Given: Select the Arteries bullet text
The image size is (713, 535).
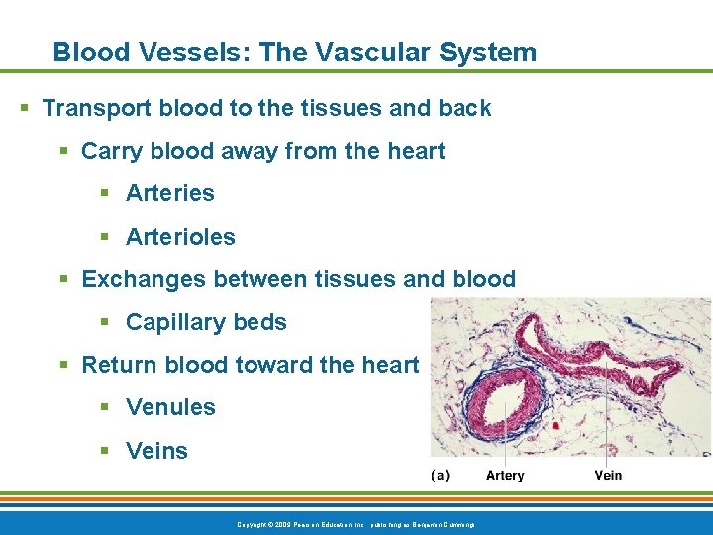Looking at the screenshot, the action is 170,193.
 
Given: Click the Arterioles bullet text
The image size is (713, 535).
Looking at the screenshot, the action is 180,237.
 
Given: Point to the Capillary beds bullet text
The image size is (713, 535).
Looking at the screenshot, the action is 206,322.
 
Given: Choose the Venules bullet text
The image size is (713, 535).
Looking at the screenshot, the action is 170,407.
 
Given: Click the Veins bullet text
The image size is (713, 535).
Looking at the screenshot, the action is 156,451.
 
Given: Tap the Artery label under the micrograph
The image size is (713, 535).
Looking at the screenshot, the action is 505,476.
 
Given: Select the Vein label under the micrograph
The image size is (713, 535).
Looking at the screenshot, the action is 608,476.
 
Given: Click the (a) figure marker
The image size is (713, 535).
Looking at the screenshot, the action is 441,476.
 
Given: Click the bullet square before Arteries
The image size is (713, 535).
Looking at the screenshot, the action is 105,194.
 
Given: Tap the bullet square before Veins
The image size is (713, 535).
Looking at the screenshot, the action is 105,452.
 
